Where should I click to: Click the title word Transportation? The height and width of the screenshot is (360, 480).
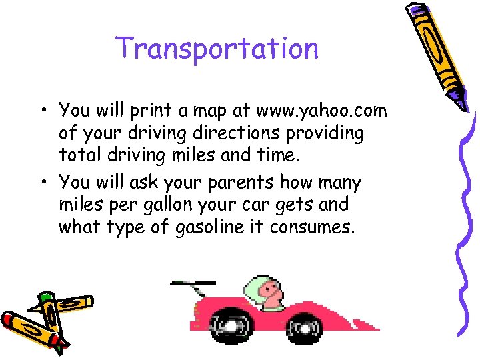[x=217, y=49]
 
